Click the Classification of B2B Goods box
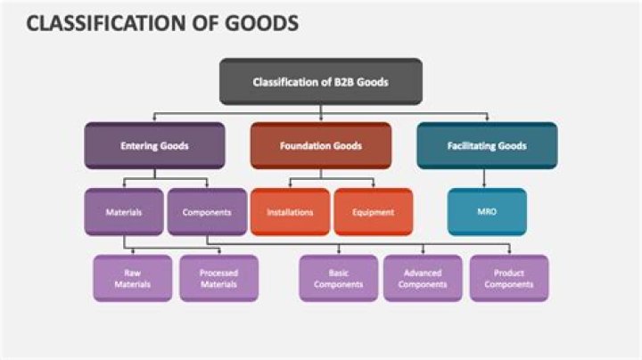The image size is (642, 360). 320,81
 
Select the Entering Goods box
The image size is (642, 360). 154,145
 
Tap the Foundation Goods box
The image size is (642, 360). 320,145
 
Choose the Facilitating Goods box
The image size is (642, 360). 486,145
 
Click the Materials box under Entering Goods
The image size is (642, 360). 124,212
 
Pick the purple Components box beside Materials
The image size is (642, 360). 207,212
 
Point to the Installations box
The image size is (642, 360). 290,212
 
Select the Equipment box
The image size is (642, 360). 373,212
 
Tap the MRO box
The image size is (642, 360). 486,212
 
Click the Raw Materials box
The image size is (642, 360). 132,278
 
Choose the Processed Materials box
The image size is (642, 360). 218,278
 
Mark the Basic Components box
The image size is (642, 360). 338,278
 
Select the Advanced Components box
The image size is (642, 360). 423,278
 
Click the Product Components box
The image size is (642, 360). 509,278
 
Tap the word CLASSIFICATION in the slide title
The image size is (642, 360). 102,24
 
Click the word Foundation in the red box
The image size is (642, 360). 305,145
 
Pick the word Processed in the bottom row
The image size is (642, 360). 218,273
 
